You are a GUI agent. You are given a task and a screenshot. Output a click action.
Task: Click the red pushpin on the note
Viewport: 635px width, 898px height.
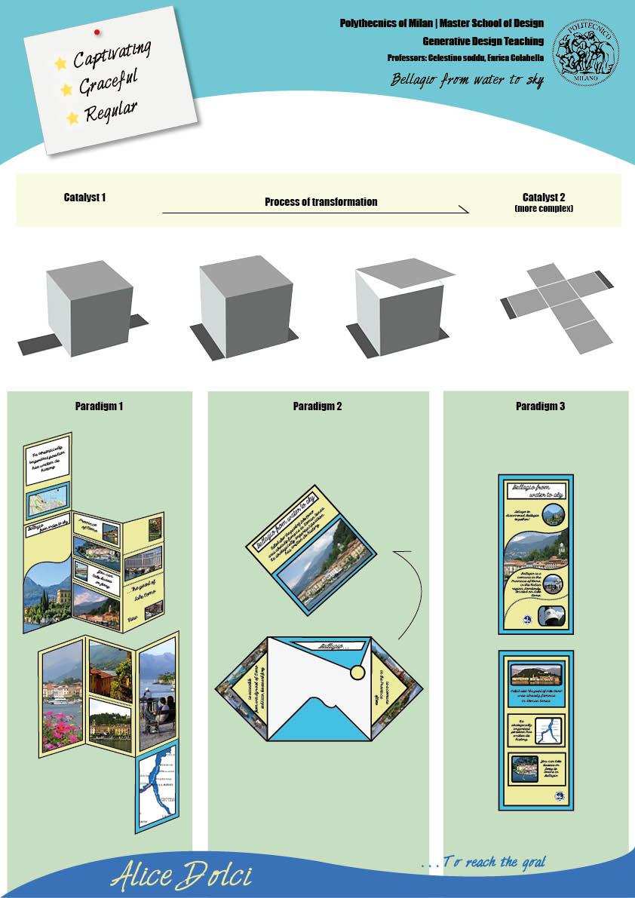[97, 32]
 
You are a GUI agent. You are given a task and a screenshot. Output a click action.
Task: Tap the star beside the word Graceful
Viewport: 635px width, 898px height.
[66, 89]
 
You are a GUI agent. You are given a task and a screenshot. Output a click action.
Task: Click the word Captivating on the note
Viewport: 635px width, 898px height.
[112, 55]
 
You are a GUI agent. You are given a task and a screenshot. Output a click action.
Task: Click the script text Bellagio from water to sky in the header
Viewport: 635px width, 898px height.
[467, 80]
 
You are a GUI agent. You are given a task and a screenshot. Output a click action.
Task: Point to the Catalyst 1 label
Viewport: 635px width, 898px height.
[84, 198]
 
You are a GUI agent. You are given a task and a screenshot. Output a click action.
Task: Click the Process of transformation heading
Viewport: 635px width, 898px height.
[321, 202]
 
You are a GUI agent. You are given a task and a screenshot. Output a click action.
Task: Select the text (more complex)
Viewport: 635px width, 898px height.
[543, 207]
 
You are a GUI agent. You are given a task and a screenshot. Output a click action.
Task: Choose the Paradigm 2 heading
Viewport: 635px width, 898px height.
[317, 406]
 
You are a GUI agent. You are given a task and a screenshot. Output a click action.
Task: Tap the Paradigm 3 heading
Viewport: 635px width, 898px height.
[540, 406]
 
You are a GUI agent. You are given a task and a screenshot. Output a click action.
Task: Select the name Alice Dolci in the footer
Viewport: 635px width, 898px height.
[181, 876]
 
